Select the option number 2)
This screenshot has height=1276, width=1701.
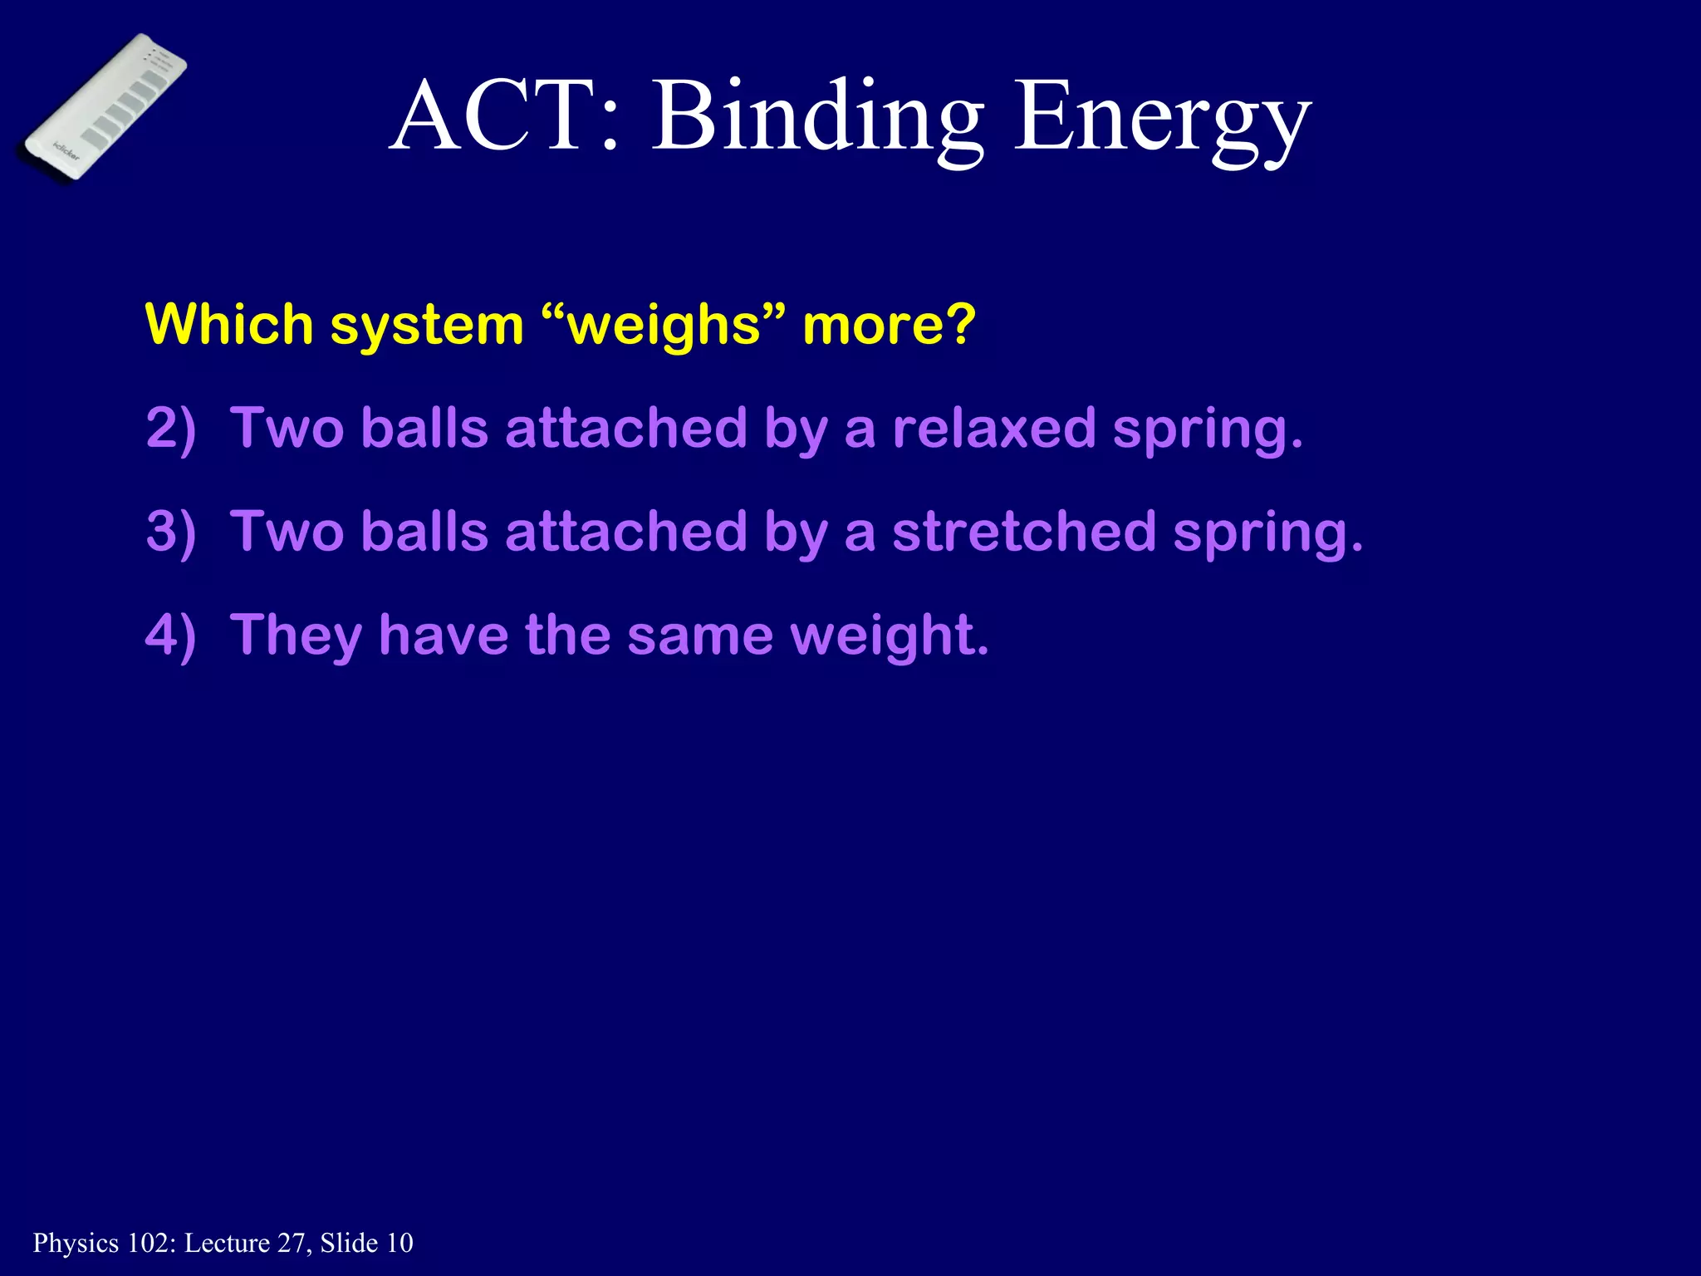[171, 429]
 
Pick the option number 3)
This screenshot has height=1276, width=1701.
[171, 532]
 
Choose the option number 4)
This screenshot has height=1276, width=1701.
[171, 636]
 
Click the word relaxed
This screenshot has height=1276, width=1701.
[994, 429]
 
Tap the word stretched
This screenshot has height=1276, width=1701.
[1024, 532]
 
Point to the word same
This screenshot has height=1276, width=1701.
[699, 636]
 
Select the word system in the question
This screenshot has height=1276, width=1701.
[427, 326]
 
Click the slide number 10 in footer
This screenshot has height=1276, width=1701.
[400, 1243]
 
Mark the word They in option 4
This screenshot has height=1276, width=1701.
[296, 636]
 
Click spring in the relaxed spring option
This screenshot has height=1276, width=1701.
[1207, 430]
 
